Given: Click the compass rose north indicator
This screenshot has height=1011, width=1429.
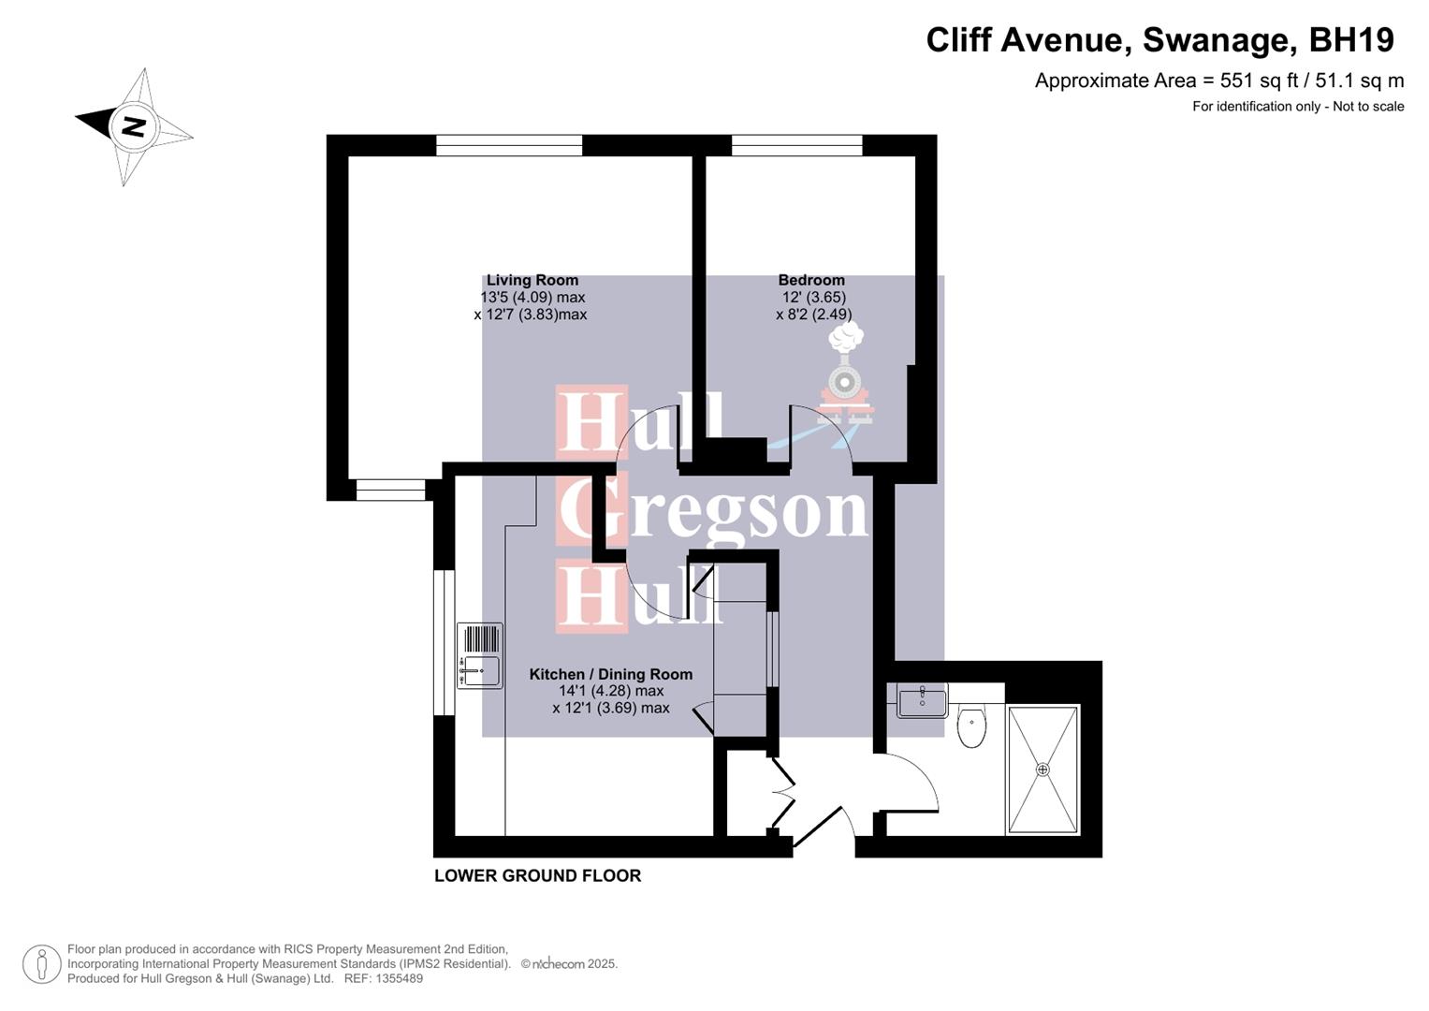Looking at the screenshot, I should [134, 126].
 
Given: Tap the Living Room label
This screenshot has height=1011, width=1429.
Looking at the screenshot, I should [532, 280].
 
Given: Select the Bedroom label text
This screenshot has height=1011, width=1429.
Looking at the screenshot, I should [811, 280].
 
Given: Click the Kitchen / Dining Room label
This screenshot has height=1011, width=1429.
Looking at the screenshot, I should [610, 674].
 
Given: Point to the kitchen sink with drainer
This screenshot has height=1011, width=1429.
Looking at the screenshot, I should [479, 655].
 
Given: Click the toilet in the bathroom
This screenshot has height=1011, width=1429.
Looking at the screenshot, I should [972, 727].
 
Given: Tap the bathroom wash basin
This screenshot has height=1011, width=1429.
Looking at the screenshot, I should [922, 699].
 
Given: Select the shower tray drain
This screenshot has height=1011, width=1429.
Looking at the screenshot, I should [1043, 769].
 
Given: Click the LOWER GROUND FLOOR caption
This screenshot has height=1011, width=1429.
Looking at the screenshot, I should [537, 876].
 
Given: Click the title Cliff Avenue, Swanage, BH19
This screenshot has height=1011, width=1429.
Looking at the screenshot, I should [1159, 40].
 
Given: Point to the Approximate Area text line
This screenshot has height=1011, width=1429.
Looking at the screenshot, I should [1218, 81].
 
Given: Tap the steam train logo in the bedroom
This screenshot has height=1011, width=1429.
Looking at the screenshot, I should [846, 374].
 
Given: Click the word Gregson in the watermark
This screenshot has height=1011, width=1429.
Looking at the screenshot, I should [714, 510].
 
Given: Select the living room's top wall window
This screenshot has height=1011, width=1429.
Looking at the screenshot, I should [509, 145].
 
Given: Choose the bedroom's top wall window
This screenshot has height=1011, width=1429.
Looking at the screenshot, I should [796, 145].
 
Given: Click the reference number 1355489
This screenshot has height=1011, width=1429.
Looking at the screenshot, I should [398, 978].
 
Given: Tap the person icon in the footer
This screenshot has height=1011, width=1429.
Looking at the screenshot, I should [41, 964].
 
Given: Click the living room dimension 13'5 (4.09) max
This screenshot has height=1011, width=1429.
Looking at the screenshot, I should [532, 298].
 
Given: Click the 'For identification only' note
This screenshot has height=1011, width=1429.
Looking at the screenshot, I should [1297, 107].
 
